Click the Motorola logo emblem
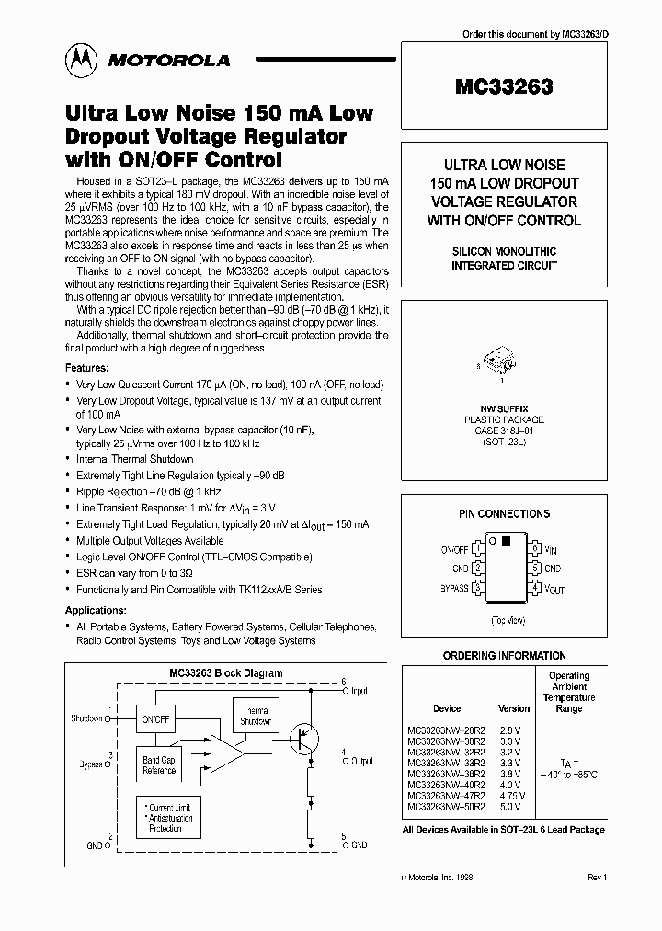point(79,60)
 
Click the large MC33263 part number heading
point(503,88)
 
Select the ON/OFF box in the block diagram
point(155,718)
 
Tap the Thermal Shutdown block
point(255,716)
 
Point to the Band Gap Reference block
point(158,765)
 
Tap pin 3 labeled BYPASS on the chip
point(478,586)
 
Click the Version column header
point(514,708)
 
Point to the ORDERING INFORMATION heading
point(505,656)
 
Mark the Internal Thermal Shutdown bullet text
point(134,459)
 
